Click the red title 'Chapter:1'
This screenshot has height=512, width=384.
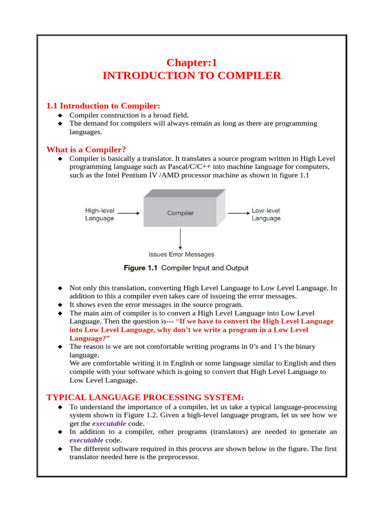[191, 62]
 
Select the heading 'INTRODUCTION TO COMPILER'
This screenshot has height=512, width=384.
[191, 76]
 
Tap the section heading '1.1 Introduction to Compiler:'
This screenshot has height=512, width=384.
[103, 106]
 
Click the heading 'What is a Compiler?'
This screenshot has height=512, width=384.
[86, 149]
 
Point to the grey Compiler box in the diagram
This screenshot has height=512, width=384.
[180, 213]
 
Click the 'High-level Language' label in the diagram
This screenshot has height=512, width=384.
[99, 214]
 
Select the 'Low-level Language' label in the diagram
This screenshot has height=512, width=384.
[266, 214]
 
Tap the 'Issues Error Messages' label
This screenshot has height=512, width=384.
[181, 254]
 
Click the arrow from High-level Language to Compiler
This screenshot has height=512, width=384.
[129, 213]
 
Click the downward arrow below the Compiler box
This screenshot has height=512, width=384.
[180, 238]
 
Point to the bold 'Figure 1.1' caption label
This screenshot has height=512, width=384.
[140, 268]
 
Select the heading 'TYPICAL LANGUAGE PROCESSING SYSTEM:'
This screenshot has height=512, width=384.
[145, 397]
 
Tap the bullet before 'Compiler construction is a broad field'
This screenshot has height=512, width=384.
[60, 115]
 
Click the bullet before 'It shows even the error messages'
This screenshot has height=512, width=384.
[60, 304]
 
